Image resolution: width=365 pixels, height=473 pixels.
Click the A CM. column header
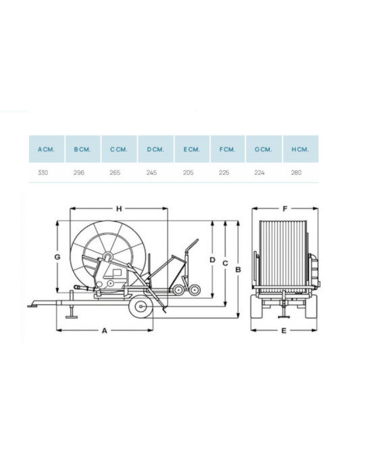pyautogui.click(x=46, y=149)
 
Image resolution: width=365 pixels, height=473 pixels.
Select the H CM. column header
pyautogui.click(x=300, y=149)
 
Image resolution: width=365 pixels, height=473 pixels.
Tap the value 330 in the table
pyautogui.click(x=43, y=172)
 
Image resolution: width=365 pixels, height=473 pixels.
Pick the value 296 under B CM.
pyautogui.click(x=79, y=172)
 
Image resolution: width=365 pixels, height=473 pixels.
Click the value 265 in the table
pyautogui.click(x=115, y=172)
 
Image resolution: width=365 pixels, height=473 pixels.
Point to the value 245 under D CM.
pyautogui.click(x=151, y=172)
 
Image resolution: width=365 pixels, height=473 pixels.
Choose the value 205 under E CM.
pyautogui.click(x=188, y=172)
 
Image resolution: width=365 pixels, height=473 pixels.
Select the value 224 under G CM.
pyautogui.click(x=260, y=172)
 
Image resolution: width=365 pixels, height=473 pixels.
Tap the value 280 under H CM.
pyautogui.click(x=296, y=172)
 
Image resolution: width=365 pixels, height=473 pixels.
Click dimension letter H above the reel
pyautogui.click(x=119, y=208)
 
